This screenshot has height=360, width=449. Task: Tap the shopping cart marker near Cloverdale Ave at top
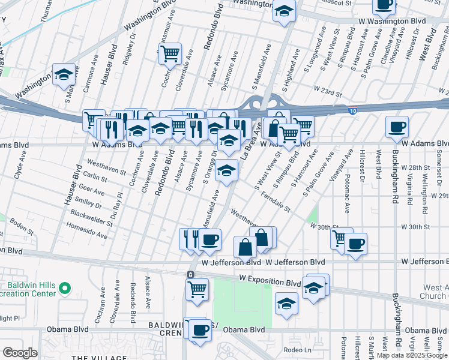point(170,55)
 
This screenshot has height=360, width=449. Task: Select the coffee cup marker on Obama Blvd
point(200,330)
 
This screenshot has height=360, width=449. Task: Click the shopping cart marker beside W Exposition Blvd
point(197,290)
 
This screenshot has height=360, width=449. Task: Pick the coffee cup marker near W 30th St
point(355,244)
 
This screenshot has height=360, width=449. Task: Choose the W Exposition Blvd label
point(269,280)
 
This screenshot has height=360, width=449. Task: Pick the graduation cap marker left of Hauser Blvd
point(64,75)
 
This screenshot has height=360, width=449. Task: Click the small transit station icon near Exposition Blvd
point(190,274)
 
